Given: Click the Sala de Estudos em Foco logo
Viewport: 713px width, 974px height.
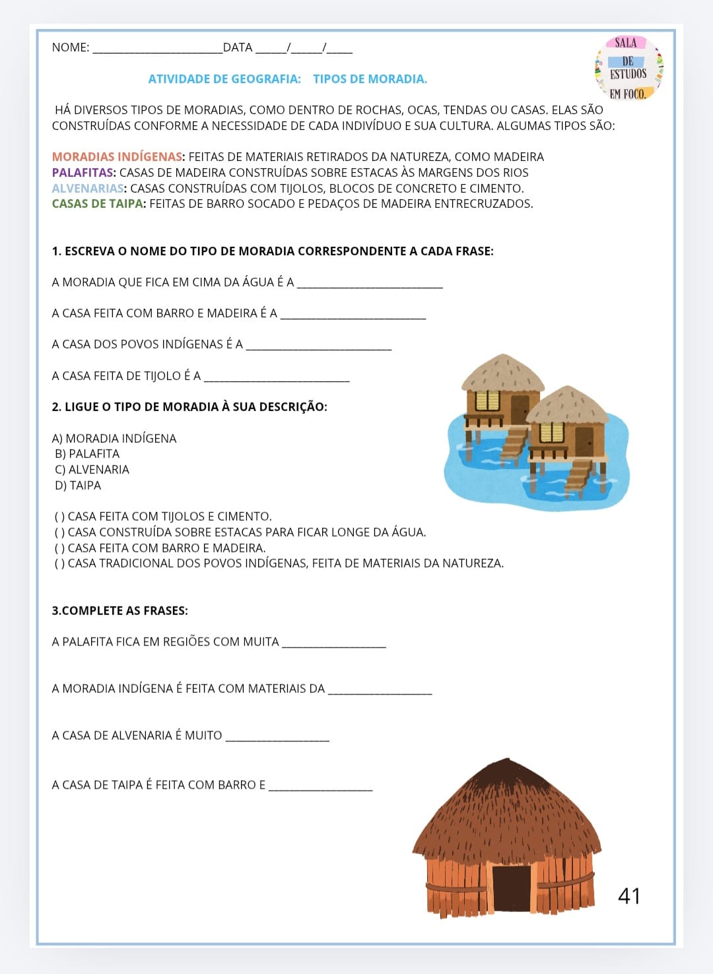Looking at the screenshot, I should [628, 68].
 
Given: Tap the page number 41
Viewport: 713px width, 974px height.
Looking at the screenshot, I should [629, 895].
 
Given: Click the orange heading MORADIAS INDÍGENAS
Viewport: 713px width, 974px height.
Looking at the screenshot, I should [117, 157].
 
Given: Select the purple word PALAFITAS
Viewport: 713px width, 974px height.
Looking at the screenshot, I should [84, 173].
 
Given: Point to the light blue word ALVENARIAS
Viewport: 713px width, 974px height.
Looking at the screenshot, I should [88, 189].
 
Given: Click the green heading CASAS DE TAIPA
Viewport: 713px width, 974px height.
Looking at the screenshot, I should [98, 204].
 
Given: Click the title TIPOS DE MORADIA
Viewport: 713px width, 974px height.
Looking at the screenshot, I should [370, 79].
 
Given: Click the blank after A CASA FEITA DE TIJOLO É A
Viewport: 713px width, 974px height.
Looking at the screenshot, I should [277, 378].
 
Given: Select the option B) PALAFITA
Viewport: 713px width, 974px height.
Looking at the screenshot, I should [87, 454].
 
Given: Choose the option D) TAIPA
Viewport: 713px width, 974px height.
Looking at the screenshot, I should [78, 486].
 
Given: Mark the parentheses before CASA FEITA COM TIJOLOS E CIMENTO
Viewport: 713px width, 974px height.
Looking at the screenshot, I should [59, 517].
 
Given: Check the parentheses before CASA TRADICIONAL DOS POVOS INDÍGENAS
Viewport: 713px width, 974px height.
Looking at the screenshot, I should [59, 564].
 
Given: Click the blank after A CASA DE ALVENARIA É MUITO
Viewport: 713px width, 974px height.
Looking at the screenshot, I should [277, 738].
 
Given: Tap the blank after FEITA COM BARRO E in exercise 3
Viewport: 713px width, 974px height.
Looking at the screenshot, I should [321, 787].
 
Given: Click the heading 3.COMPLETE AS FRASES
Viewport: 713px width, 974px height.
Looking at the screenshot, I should [120, 611].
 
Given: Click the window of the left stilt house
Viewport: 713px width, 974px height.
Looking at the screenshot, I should [487, 401].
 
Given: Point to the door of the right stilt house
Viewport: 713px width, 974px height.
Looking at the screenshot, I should [584, 441].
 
